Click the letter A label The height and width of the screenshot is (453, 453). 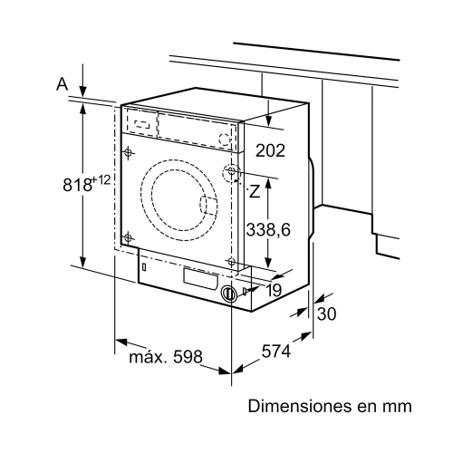point(62,83)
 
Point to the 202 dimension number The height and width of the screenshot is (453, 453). point(271,150)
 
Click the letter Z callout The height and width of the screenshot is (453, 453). point(255,191)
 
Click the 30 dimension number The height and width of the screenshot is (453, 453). point(327,313)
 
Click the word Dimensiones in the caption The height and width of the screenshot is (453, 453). point(297,407)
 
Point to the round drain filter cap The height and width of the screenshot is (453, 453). point(229,294)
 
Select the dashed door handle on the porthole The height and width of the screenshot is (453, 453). point(209,209)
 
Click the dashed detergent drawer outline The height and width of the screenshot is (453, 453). point(140,121)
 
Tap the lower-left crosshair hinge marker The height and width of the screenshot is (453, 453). point(129,237)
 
